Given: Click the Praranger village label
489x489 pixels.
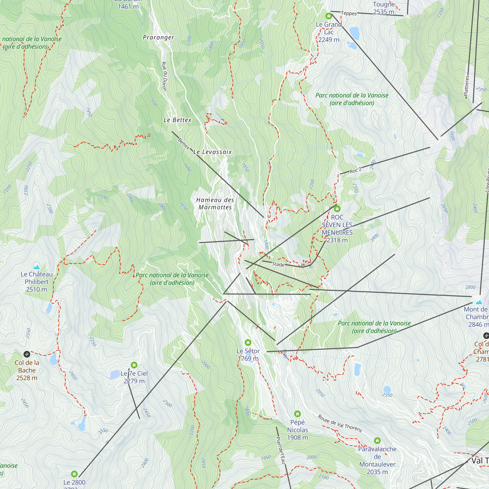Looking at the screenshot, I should pyautogui.click(x=158, y=37).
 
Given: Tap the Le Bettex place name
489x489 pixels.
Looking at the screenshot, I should pyautogui.click(x=178, y=120).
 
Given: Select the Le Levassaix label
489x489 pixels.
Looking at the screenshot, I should pyautogui.click(x=212, y=152).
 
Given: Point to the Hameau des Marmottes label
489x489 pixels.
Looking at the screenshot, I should pyautogui.click(x=215, y=203).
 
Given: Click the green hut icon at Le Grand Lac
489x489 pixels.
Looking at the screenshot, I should pyautogui.click(x=329, y=16).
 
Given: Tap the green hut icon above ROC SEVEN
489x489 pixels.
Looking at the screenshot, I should pyautogui.click(x=337, y=209).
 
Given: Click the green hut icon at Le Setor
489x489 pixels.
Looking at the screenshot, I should pyautogui.click(x=248, y=343).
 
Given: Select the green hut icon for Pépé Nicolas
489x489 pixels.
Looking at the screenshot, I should pyautogui.click(x=297, y=414).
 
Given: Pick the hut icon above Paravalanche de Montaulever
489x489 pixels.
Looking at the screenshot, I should pyautogui.click(x=377, y=441).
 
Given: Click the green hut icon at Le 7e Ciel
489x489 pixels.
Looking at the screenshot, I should pyautogui.click(x=134, y=365).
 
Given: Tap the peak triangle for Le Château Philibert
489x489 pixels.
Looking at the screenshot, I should pyautogui.click(x=37, y=267).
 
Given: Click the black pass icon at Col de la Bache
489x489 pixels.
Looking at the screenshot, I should pyautogui.click(x=27, y=354).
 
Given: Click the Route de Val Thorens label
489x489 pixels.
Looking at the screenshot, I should pyautogui.click(x=340, y=423).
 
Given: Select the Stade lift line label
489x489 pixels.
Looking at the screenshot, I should pyautogui.click(x=278, y=264).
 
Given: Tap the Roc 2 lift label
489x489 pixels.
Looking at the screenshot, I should pyautogui.click(x=355, y=171).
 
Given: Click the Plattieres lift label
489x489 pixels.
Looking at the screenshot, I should pyautogui.click(x=467, y=86).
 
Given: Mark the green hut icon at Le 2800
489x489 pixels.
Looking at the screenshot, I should pyautogui.click(x=74, y=474).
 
